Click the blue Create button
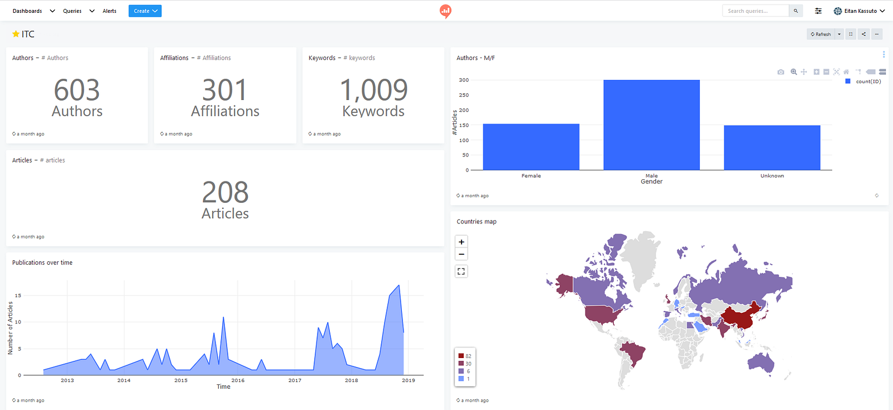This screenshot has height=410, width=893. pyautogui.click(x=145, y=11)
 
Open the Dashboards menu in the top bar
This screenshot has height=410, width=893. pyautogui.click(x=33, y=11)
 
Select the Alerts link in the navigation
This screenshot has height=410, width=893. pyautogui.click(x=109, y=11)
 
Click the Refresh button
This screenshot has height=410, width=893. pyautogui.click(x=821, y=34)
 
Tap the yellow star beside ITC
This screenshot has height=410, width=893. pyautogui.click(x=16, y=34)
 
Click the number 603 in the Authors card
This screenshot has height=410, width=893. pyautogui.click(x=76, y=90)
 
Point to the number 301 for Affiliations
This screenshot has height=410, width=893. pyautogui.click(x=225, y=90)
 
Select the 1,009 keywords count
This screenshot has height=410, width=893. pyautogui.click(x=373, y=90)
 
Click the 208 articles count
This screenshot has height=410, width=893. pyautogui.click(x=225, y=192)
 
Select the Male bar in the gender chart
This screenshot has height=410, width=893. pyautogui.click(x=651, y=125)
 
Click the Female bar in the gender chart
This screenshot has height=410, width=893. pyautogui.click(x=531, y=147)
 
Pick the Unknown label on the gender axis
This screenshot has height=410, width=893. pyautogui.click(x=772, y=175)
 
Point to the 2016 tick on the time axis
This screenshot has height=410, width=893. pyautogui.click(x=238, y=380)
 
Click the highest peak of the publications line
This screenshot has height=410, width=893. pyautogui.click(x=399, y=285)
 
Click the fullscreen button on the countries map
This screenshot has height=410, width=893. pyautogui.click(x=461, y=271)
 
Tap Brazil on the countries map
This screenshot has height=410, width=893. pyautogui.click(x=632, y=354)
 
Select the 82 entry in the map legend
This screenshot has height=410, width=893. pyautogui.click(x=465, y=356)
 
